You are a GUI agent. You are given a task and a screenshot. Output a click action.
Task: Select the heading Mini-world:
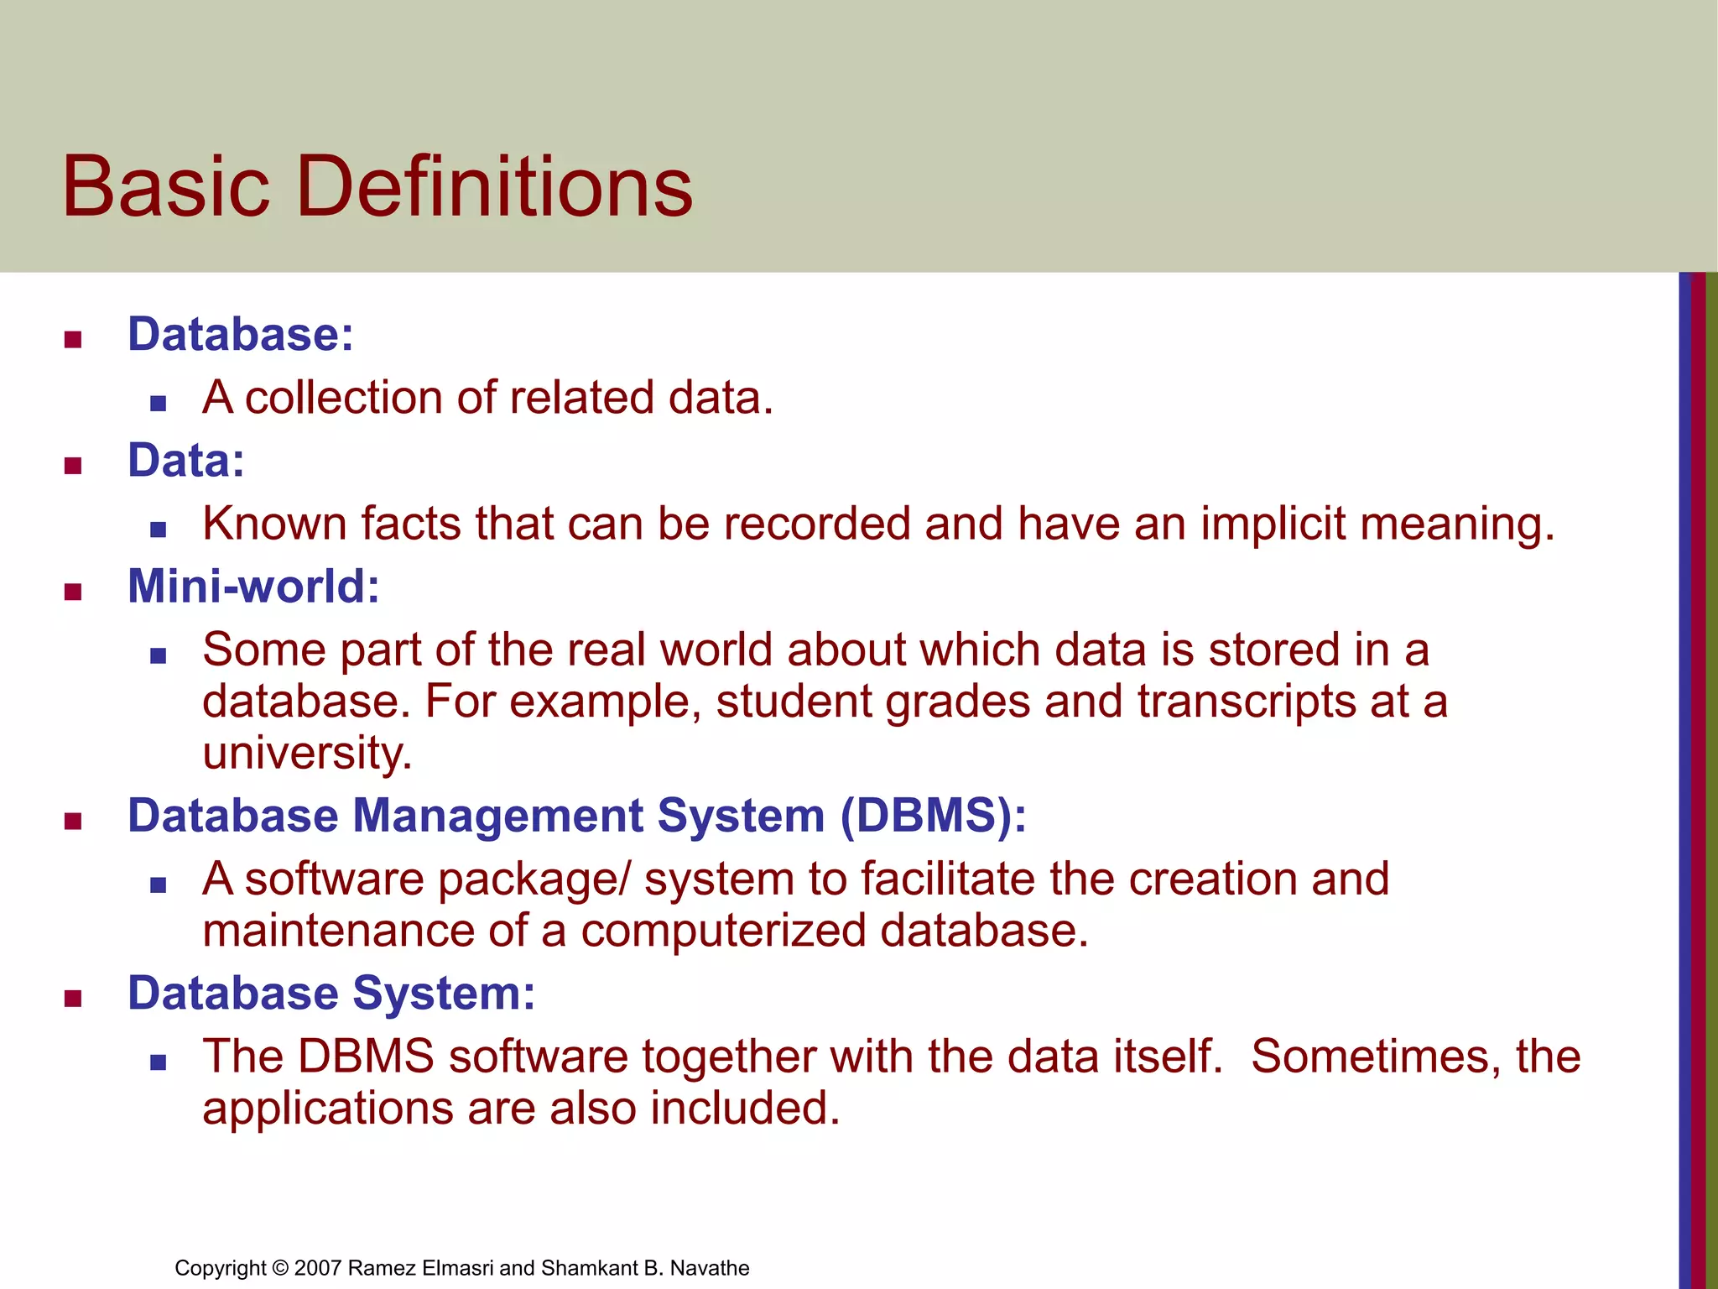coord(253,586)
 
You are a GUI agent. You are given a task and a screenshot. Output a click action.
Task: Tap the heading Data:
coord(185,460)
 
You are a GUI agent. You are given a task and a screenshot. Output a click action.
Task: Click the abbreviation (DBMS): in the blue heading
coord(933,816)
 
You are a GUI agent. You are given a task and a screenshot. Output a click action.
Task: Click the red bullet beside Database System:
coord(73,999)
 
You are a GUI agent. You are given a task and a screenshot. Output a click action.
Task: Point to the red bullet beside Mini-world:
coord(73,592)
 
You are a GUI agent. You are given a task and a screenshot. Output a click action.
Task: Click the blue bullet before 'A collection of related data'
coord(158,404)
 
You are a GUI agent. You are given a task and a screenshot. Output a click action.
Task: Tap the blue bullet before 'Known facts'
coord(158,530)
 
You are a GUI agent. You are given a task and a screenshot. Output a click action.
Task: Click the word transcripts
coord(1246,702)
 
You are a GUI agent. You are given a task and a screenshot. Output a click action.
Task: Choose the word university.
coord(306,754)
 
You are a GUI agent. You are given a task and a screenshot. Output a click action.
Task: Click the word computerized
coord(722,932)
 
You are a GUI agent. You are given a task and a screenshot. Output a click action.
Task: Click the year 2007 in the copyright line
coord(317,1268)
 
